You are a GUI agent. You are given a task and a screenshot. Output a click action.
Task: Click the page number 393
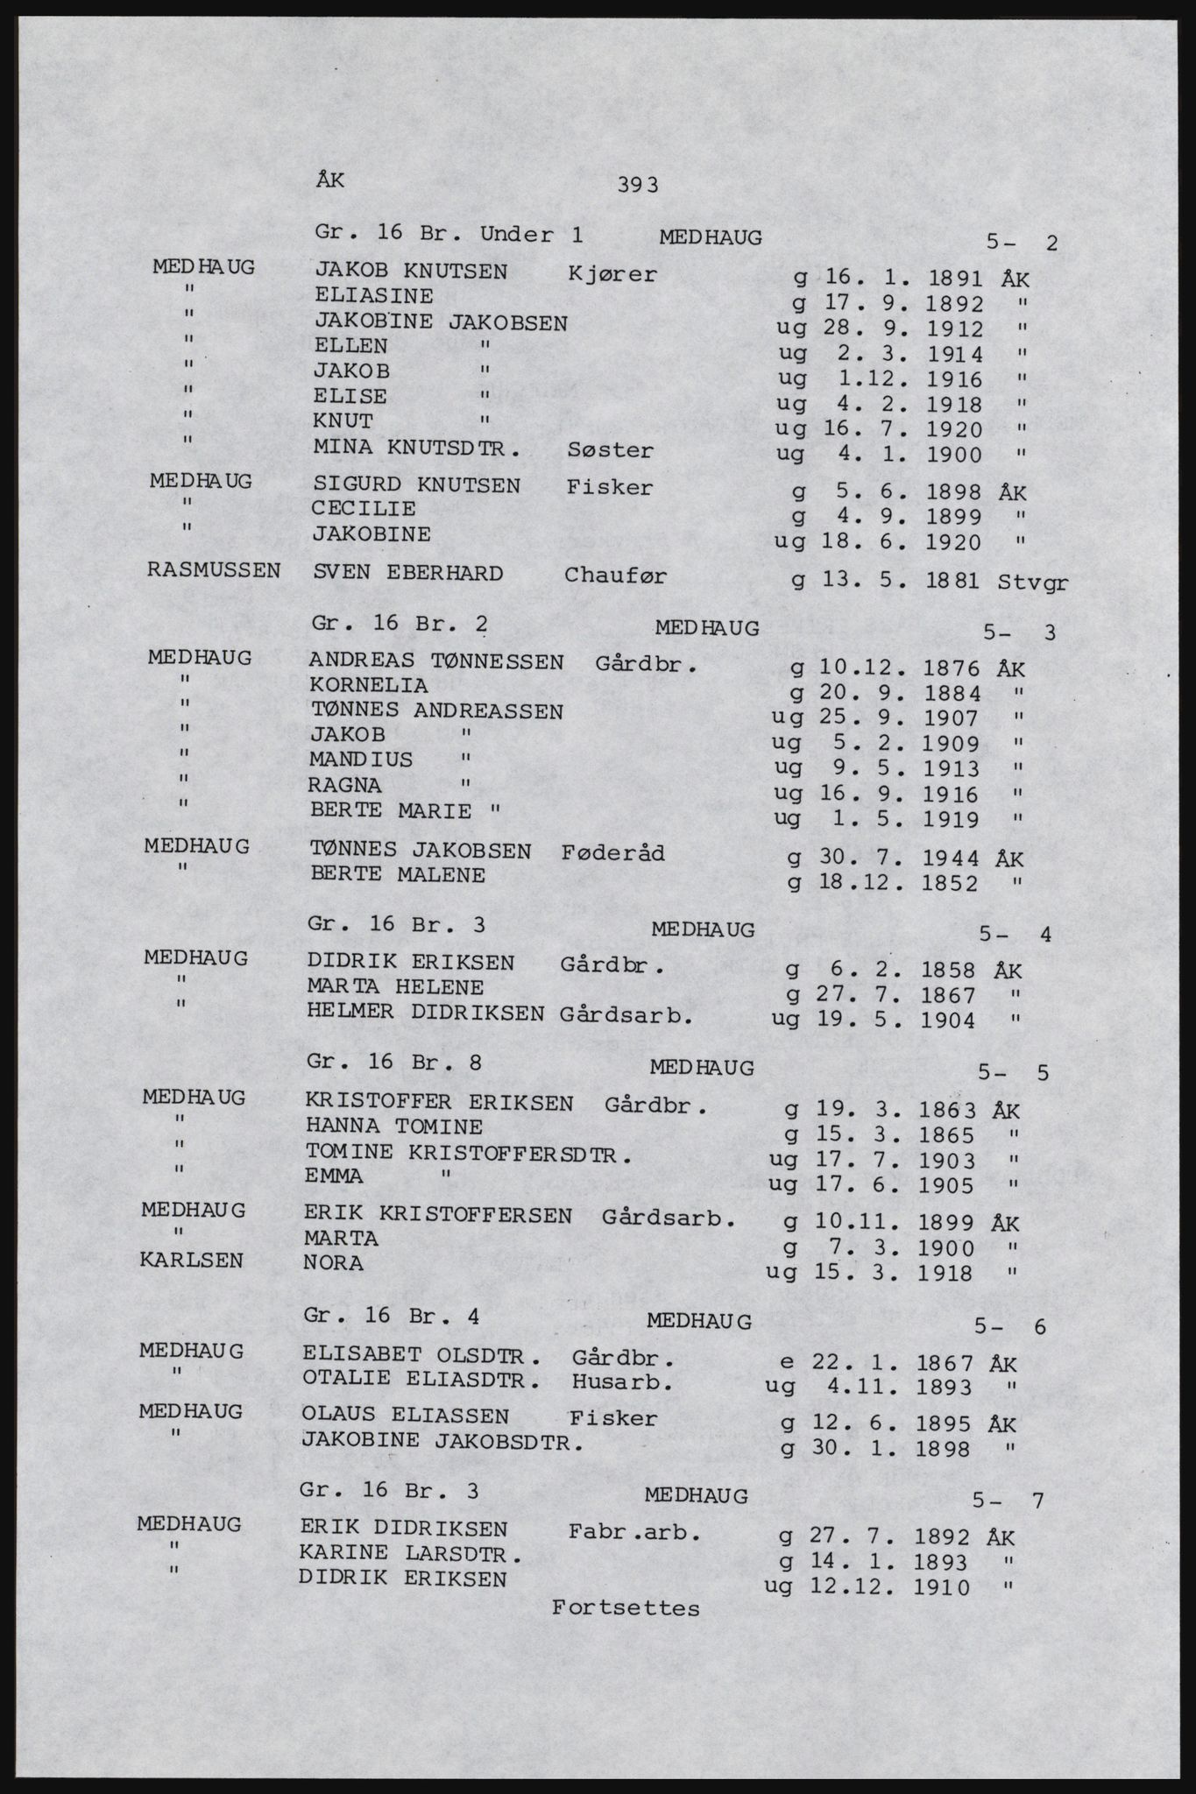click(637, 185)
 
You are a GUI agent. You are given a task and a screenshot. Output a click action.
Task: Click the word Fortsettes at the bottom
click(626, 1608)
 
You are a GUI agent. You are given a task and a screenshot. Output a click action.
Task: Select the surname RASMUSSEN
click(215, 570)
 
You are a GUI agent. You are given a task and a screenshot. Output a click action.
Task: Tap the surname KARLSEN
click(192, 1261)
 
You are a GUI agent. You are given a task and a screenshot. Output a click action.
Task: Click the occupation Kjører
click(612, 274)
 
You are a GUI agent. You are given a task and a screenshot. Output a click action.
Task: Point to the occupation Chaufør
click(615, 576)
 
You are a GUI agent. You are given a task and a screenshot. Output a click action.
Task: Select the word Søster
click(610, 450)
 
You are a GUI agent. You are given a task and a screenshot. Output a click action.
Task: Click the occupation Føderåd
click(612, 852)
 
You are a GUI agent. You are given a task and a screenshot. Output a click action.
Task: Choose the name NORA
click(334, 1263)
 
